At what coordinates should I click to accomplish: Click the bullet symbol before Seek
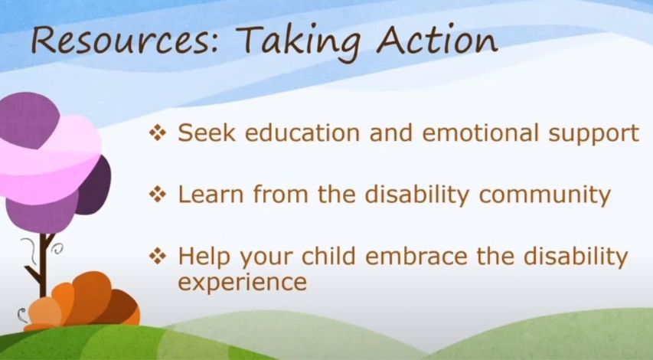click(158, 133)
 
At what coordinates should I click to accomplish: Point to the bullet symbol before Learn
click(158, 194)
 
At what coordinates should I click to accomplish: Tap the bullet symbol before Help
click(158, 255)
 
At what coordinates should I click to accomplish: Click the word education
click(302, 133)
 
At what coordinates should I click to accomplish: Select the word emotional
click(480, 133)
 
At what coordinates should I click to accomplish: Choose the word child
click(328, 255)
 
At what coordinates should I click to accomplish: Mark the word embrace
click(416, 255)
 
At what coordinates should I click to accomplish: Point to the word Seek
click(207, 133)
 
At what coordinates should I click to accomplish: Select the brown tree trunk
click(42, 263)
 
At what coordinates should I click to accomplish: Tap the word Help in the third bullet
click(204, 257)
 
